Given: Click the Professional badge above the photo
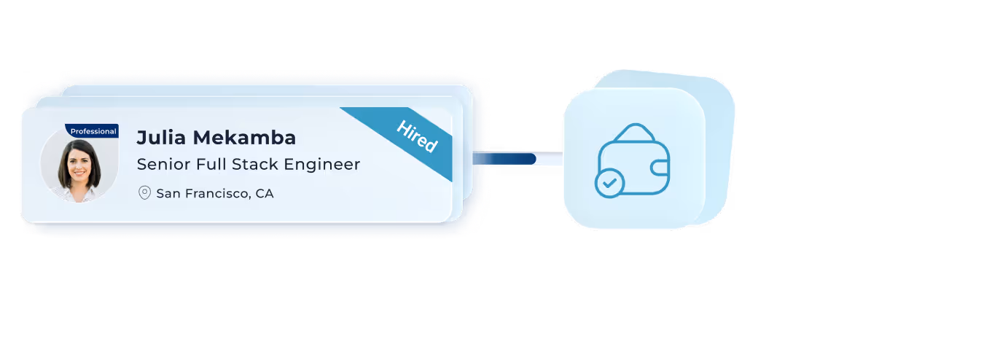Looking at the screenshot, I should (x=93, y=131).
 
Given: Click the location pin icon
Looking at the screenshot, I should (x=144, y=193).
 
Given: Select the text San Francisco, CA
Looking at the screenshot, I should (x=215, y=194).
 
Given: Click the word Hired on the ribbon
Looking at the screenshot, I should (x=417, y=136).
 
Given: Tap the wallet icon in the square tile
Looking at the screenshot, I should (x=633, y=160).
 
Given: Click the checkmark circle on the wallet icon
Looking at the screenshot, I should (x=609, y=183).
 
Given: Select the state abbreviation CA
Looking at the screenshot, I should (x=265, y=194).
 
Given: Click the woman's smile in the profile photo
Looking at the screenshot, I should (x=78, y=177).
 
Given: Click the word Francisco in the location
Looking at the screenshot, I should (x=218, y=194).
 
